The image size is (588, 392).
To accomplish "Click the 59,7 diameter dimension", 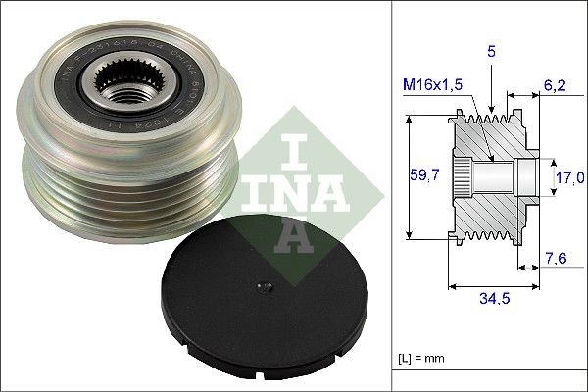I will [420, 177].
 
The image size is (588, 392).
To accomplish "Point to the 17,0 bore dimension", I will [568, 177].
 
